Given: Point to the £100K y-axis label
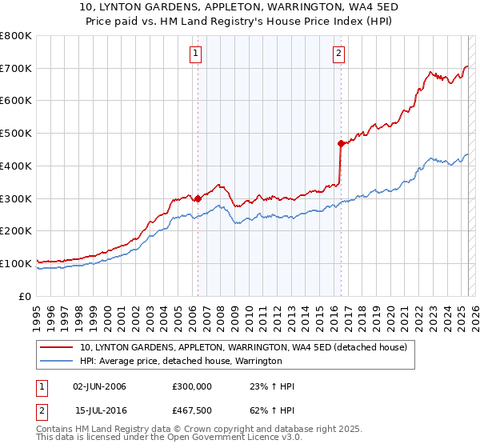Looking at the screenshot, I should (16, 263).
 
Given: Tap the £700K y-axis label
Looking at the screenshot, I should (16, 69).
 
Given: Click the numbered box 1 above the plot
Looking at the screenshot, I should (196, 54).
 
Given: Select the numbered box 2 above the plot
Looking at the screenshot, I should (339, 54).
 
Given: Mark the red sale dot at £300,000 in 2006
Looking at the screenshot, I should (198, 198).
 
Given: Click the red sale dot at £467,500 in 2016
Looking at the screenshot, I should (341, 144).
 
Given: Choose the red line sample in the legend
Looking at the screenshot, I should (58, 347).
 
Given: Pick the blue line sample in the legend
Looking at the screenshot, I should (58, 361).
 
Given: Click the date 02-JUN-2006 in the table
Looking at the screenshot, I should (99, 386).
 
